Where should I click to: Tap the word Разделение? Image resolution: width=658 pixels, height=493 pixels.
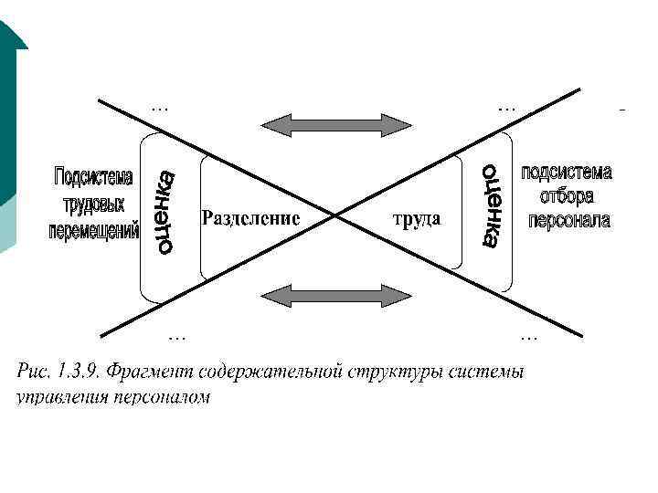click(250, 219)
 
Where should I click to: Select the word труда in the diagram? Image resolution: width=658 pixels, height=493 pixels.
click(417, 219)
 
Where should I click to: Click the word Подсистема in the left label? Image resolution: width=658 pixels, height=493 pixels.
click(94, 175)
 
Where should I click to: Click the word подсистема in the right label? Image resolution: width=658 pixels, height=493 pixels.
click(567, 173)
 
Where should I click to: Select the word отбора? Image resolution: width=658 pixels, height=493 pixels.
click(567, 195)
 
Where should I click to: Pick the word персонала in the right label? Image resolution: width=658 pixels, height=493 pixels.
click(568, 220)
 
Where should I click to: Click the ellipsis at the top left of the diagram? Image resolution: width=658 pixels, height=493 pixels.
click(160, 107)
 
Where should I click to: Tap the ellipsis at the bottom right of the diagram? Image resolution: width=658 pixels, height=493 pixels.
click(528, 337)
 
